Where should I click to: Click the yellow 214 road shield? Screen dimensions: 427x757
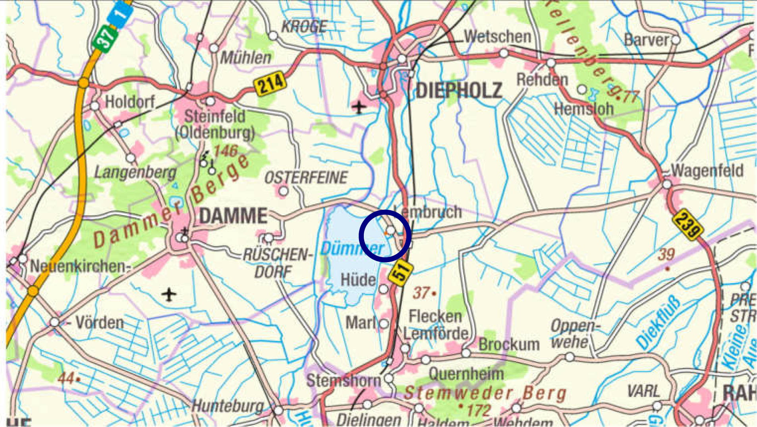tap(270, 83)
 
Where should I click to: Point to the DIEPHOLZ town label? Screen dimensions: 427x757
tap(459, 91)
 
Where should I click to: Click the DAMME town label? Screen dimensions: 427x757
tap(233, 216)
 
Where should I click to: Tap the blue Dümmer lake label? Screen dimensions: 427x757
tap(352, 249)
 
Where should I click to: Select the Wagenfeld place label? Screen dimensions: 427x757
tap(707, 171)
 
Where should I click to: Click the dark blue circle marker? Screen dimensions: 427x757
tap(385, 236)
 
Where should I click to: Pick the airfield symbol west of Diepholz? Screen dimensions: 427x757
tap(359, 107)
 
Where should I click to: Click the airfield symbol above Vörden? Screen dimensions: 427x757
tap(169, 295)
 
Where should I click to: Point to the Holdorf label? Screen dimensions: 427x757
tap(129, 102)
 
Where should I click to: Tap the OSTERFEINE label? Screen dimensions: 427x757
tap(306, 178)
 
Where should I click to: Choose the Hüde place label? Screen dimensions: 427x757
tap(358, 280)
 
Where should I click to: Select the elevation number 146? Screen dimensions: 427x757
tap(226, 151)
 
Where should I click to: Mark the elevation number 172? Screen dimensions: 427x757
tap(479, 410)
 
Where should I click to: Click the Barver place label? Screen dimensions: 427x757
tap(647, 40)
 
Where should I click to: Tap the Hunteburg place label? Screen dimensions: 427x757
tap(227, 406)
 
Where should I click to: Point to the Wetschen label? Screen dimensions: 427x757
tap(498, 37)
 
